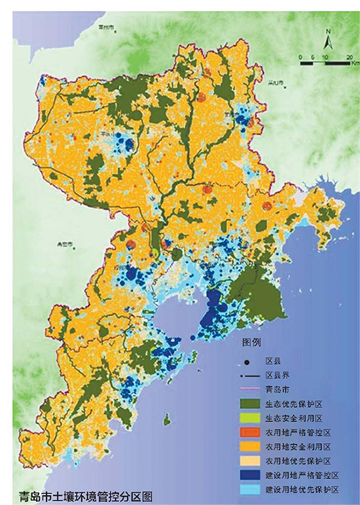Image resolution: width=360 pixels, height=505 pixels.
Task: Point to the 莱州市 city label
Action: point(105,27)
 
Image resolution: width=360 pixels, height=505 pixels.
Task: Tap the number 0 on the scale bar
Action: point(300,58)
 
